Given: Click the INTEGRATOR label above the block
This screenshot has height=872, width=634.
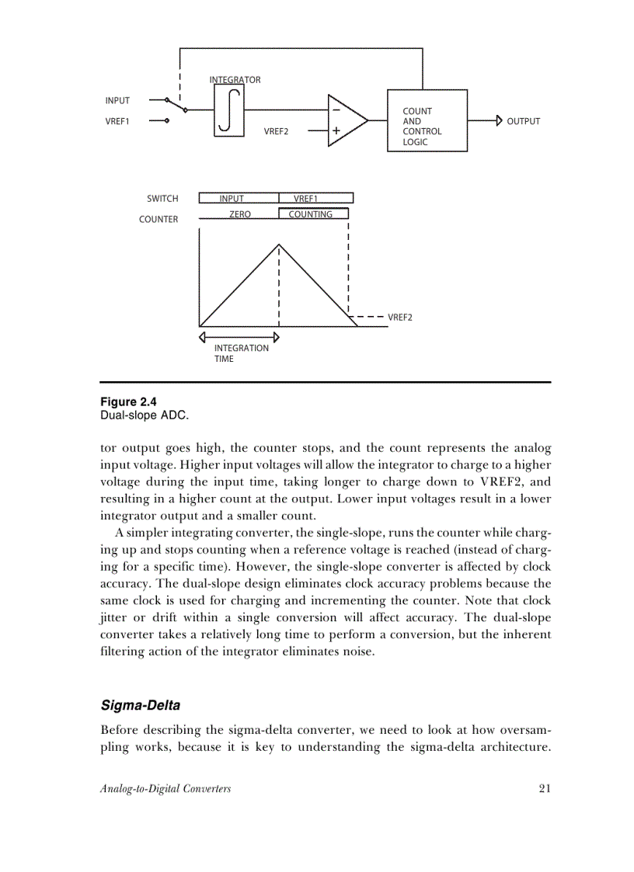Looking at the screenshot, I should click(235, 80).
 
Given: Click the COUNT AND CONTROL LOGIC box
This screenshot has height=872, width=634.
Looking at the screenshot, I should click(427, 121).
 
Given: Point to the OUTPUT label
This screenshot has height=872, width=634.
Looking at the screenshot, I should click(523, 121).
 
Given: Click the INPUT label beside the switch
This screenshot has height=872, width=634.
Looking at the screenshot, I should click(117, 100).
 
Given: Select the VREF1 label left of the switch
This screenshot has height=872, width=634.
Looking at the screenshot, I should click(117, 121).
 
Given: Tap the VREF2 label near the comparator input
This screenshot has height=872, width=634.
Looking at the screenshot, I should click(276, 132).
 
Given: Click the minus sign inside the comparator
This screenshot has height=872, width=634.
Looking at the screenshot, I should click(336, 111).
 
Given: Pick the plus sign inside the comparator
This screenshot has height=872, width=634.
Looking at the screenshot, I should click(336, 131).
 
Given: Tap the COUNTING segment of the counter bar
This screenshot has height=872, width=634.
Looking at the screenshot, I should click(311, 214).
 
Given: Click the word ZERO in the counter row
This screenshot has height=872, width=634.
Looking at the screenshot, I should click(240, 214).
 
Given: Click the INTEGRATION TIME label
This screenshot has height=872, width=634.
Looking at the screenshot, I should click(241, 353).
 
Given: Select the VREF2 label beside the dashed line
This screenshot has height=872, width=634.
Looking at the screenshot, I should click(400, 317).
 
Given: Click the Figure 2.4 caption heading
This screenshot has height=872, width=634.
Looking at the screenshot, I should click(128, 402).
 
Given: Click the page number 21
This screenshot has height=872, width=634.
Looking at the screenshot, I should click(544, 789).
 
